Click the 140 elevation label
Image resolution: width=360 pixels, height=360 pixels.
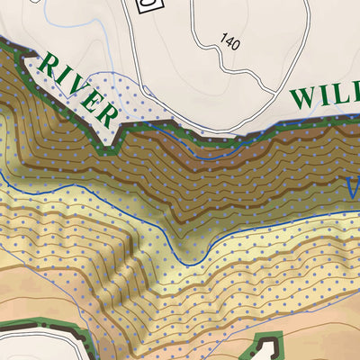(x=229, y=40)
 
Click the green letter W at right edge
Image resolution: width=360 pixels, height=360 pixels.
(x=305, y=97)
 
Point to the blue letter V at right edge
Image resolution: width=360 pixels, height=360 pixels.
(x=353, y=188)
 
